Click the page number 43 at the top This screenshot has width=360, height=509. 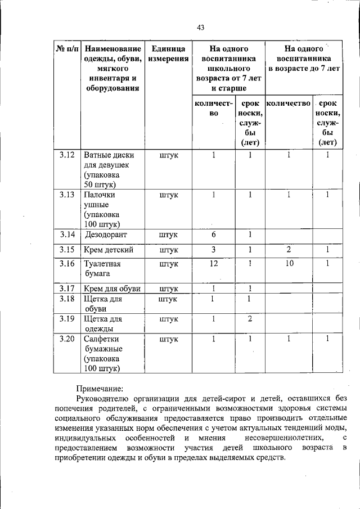pyautogui.click(x=201, y=28)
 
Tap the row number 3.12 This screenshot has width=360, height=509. pyautogui.click(x=67, y=155)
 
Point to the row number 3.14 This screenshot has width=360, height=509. pyautogui.click(x=67, y=235)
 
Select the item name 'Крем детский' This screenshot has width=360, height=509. pyautogui.click(x=109, y=249)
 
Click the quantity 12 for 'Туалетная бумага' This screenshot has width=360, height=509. pyautogui.click(x=214, y=263)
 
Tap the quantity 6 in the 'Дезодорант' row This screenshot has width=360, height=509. pyautogui.click(x=214, y=235)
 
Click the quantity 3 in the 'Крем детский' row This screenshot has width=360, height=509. pyautogui.click(x=214, y=249)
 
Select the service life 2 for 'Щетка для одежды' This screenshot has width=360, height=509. pyautogui.click(x=250, y=319)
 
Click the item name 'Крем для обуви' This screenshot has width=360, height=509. pyautogui.click(x=112, y=289)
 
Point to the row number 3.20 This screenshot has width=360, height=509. pyautogui.click(x=67, y=339)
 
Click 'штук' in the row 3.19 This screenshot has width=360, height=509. pyautogui.click(x=169, y=319)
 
